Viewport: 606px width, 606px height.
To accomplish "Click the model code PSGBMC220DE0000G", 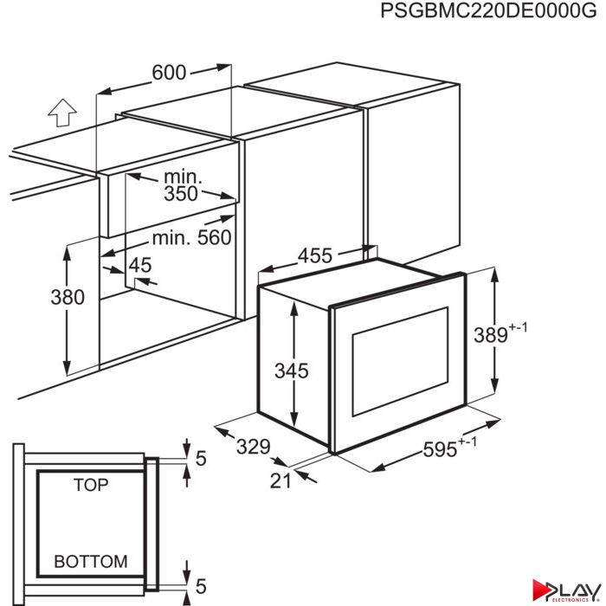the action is point(488,10).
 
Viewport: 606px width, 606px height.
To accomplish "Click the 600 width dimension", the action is point(169,72).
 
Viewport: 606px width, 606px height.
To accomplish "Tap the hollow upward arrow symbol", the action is point(62,113).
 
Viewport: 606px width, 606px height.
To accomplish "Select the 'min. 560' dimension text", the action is point(191,238).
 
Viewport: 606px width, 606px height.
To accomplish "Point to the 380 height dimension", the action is point(68,297).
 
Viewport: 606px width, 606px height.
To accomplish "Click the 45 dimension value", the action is point(140,265).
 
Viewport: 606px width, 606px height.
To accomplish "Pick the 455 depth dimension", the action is point(315,255).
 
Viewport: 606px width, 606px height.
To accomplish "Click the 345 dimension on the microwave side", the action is point(292,371).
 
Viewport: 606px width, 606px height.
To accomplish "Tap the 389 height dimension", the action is point(491,335).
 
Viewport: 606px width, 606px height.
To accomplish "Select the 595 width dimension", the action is point(440,449).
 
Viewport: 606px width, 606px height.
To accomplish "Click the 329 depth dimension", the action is point(254,447).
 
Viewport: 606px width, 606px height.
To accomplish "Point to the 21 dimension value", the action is point(280,481).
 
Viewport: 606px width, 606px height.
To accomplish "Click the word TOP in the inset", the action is point(91,485).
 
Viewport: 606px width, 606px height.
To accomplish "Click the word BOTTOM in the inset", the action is point(91,562).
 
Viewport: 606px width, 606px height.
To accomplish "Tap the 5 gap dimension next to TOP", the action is point(201,458).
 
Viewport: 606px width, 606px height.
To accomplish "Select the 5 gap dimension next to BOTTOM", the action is point(201,586).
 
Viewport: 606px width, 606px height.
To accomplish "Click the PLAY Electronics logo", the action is point(566,590).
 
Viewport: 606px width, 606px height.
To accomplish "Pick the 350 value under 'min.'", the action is point(181,194).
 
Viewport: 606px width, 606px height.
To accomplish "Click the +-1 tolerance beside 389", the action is point(518,327).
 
